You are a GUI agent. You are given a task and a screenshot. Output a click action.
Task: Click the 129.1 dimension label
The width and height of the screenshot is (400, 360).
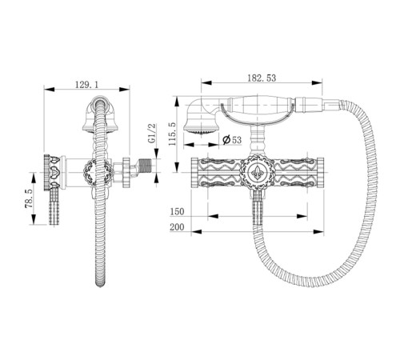[x=86, y=85]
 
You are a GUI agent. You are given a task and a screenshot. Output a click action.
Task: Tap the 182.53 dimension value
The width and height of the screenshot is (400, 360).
[x=262, y=78]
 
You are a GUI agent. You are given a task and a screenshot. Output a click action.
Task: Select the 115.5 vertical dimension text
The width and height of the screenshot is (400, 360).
[x=172, y=134]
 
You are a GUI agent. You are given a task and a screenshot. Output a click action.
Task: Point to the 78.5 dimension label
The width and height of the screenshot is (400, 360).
[x=29, y=198]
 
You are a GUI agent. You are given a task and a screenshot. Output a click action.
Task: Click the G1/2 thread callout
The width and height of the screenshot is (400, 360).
[x=152, y=134]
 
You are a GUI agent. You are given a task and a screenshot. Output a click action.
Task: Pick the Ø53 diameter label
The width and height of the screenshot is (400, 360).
[x=232, y=140]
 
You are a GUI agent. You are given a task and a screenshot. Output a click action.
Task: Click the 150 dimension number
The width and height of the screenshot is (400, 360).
[x=178, y=212]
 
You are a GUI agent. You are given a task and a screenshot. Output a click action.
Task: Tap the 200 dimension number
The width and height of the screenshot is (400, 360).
[x=177, y=227]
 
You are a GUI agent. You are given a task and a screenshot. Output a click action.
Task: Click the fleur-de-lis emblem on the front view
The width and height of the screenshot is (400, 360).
[x=258, y=172]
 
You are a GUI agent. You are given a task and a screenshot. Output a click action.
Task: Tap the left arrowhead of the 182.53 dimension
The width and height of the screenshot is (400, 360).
[x=206, y=83]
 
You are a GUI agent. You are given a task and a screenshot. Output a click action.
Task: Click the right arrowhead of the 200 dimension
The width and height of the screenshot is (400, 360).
[x=318, y=232]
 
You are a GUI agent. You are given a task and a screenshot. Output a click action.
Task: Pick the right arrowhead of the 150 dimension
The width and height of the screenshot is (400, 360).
[x=302, y=216]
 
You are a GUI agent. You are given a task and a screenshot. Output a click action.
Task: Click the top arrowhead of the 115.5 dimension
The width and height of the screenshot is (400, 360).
[x=177, y=102]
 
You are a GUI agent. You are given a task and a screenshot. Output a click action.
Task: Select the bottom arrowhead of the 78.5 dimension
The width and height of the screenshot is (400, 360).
[x=34, y=219]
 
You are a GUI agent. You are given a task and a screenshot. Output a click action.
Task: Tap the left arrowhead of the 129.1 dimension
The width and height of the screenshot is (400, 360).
[x=49, y=90]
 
